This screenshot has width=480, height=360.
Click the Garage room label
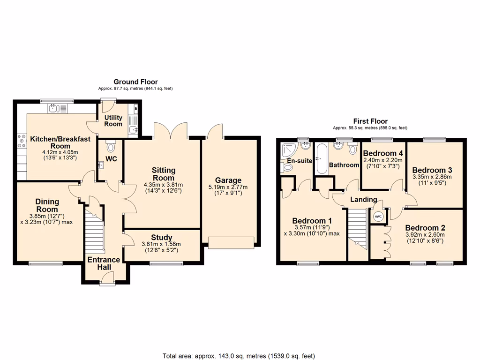[x=228, y=180]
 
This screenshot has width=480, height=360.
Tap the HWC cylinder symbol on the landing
[x=378, y=217]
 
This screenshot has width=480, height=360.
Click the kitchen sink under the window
[x=57, y=108]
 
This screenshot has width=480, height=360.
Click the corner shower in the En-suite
[x=286, y=152]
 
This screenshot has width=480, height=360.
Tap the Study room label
[x=162, y=237]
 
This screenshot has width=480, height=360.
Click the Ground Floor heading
[x=136, y=82]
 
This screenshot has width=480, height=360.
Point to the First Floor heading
[x=370, y=121]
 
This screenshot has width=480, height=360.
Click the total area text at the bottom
[x=239, y=356]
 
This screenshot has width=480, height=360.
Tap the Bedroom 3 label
[x=429, y=170]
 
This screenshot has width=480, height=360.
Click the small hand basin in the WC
[x=101, y=165]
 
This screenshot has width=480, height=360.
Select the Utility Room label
[x=113, y=121]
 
